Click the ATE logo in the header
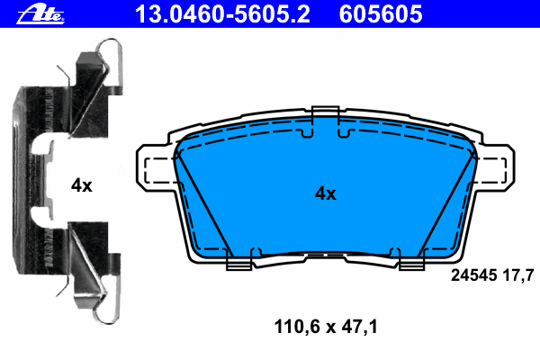[40, 14]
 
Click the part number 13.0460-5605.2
[222, 14]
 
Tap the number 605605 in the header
[381, 14]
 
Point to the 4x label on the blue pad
[326, 193]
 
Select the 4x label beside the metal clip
[82, 185]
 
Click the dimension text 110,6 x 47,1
[326, 327]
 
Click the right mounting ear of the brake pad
[495, 168]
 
